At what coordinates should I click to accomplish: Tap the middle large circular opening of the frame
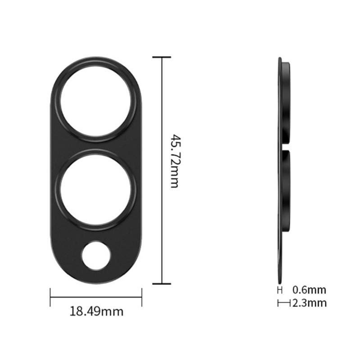coord(96,189)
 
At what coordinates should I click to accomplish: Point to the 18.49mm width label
coord(96,310)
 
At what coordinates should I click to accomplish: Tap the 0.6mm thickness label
coord(309,290)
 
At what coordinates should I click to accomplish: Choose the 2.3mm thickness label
coord(309,303)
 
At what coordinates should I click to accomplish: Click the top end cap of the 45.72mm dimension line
coord(162,57)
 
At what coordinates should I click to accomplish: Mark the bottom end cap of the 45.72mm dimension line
coord(162,283)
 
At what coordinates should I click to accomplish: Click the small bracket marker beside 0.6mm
coord(280,290)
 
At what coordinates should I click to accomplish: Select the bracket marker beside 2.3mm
coord(284,303)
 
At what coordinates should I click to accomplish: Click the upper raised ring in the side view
coord(287,103)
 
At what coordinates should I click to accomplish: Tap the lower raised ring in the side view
coord(287,189)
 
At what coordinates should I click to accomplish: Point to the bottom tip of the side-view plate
coord(280,281)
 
